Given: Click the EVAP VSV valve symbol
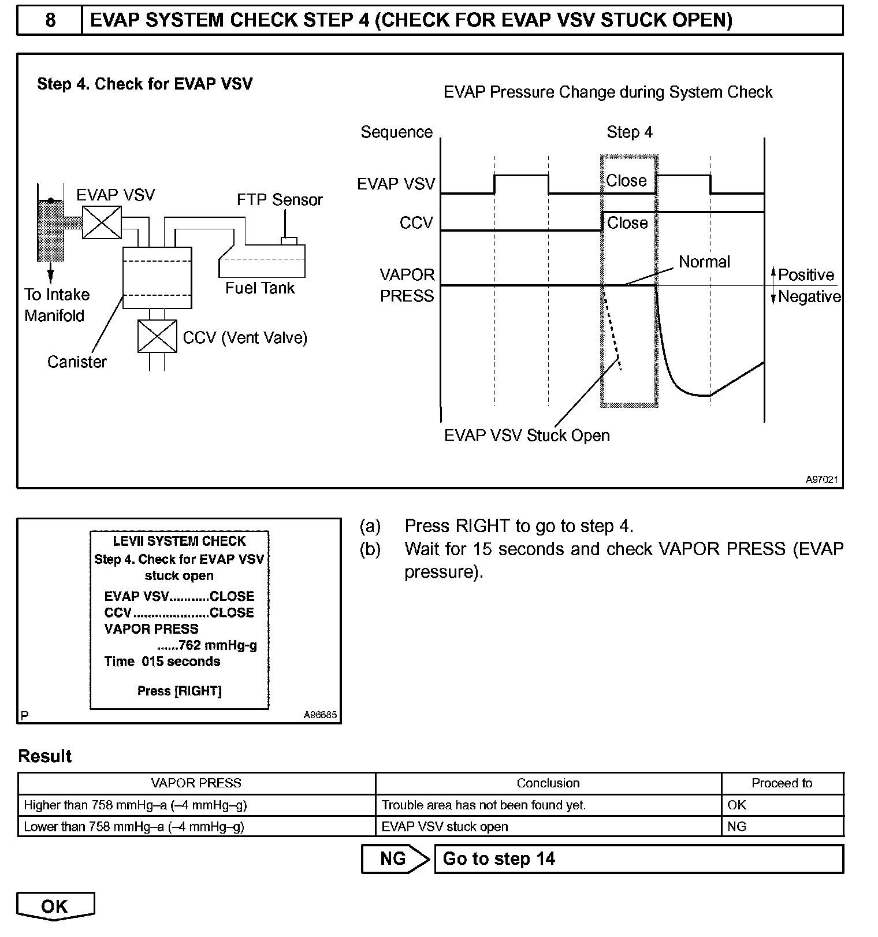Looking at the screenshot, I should (102, 222).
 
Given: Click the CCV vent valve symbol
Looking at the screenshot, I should (157, 336).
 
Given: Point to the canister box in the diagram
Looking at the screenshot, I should (157, 277).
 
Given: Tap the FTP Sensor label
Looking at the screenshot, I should (280, 200).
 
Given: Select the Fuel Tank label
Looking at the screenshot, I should (260, 288).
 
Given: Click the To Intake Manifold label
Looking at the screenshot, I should (57, 305).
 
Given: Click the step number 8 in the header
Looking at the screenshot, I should (50, 20).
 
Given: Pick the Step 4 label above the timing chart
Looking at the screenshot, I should (630, 132).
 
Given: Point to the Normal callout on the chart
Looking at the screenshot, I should (704, 262).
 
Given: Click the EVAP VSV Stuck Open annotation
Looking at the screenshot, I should (527, 435).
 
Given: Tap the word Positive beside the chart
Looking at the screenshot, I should (806, 275).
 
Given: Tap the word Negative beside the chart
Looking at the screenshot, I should (809, 296).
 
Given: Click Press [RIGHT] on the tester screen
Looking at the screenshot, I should (179, 691).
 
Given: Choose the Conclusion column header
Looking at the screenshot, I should (548, 783).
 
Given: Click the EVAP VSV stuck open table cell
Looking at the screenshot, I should (445, 827).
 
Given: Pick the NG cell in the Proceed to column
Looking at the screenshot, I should (737, 827).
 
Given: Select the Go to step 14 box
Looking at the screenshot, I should (638, 859).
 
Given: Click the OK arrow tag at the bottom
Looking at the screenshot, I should (55, 906).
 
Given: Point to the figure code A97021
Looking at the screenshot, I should (821, 479).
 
